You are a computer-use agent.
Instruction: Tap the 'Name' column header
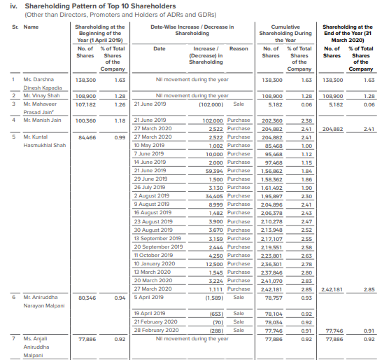tap(31, 27)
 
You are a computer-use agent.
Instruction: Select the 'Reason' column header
tap(239, 48)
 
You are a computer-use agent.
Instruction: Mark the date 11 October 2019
tap(151, 255)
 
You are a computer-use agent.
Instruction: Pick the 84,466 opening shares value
tap(86, 137)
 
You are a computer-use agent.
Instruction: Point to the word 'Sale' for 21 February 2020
tap(238, 321)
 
